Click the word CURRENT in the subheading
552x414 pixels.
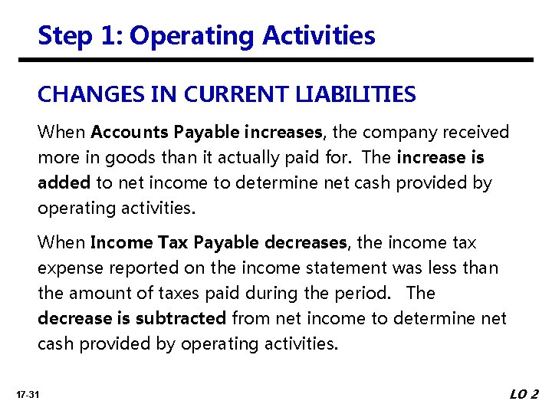[210, 95]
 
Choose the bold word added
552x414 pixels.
[64, 183]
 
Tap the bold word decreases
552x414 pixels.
[305, 243]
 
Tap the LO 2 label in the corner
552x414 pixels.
[524, 395]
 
